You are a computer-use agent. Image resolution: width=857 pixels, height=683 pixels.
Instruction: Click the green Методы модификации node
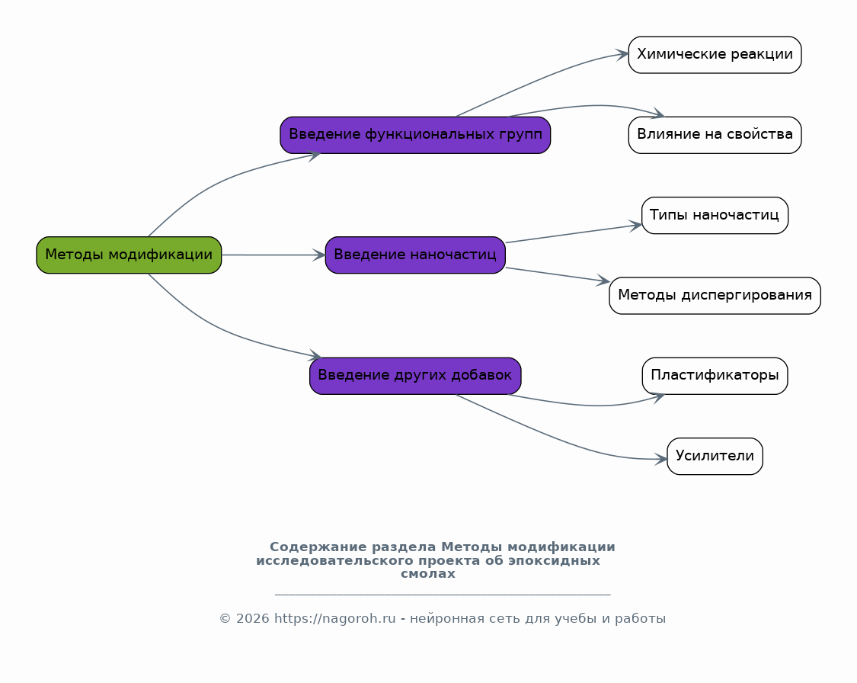[x=129, y=255]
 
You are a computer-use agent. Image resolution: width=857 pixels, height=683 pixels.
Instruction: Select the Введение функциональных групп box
[x=415, y=135]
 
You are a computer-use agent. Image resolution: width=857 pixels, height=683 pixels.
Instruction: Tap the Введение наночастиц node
[x=415, y=255]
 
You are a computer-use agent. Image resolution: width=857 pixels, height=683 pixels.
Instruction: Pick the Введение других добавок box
[x=415, y=376]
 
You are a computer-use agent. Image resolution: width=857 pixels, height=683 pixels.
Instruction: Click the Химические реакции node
[x=715, y=55]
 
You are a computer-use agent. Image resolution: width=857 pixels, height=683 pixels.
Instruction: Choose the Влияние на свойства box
[x=715, y=135]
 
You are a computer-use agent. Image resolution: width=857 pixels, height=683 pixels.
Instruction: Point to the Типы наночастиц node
[x=715, y=216]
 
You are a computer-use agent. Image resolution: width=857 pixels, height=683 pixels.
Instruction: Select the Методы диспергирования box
[x=715, y=295]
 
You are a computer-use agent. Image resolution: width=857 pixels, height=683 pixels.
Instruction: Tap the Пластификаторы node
[x=715, y=376]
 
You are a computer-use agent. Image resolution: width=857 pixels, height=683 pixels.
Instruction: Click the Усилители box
[x=715, y=456]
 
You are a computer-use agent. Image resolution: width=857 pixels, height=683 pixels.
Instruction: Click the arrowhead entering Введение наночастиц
[x=319, y=255]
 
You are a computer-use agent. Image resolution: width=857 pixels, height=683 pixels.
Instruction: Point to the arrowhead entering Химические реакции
[x=622, y=54]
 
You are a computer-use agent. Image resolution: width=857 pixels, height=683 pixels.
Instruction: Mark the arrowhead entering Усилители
[x=660, y=460]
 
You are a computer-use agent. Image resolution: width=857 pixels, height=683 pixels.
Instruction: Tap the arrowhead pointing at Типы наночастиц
[x=635, y=225]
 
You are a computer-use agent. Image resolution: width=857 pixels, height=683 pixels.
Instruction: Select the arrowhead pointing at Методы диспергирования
[x=603, y=281]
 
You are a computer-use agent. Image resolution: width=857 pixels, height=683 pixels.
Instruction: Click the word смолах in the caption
[x=428, y=574]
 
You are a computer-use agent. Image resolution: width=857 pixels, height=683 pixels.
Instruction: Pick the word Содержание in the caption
[x=318, y=547]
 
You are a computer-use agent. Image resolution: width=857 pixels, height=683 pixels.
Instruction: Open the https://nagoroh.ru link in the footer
[x=335, y=619]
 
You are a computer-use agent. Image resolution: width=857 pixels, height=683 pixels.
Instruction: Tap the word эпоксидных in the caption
[x=555, y=561]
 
